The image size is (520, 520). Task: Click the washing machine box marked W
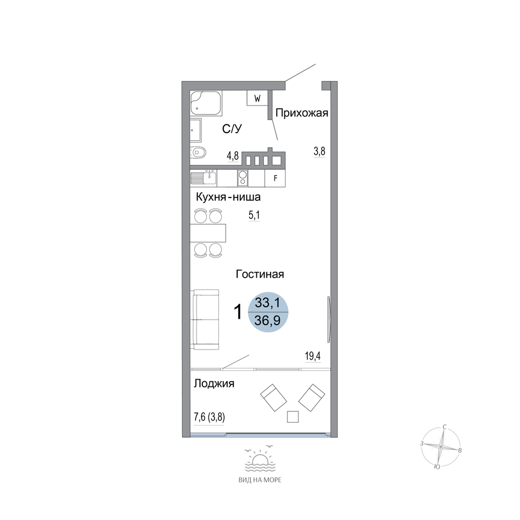tap(257, 98)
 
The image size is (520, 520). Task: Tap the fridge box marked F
tap(275, 178)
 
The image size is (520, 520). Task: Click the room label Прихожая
tap(302, 113)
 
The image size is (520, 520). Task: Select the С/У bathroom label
tap(232, 128)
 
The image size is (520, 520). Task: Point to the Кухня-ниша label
tap(228, 197)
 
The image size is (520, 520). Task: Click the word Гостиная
tap(260, 274)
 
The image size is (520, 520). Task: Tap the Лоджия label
tap(214, 384)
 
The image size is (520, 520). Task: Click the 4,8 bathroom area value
tap(233, 155)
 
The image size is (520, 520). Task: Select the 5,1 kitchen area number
tap(254, 216)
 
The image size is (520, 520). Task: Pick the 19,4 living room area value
tap(313, 357)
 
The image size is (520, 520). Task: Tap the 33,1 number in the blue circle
tap(268, 303)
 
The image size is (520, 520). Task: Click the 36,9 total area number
tap(268, 321)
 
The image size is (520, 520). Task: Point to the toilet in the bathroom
tap(198, 153)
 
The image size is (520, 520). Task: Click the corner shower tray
tap(205, 103)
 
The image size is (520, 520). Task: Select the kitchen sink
tap(203, 178)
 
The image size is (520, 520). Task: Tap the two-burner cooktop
tap(243, 178)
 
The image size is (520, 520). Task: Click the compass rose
tap(441, 447)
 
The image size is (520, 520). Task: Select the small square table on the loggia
tap(292, 417)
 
